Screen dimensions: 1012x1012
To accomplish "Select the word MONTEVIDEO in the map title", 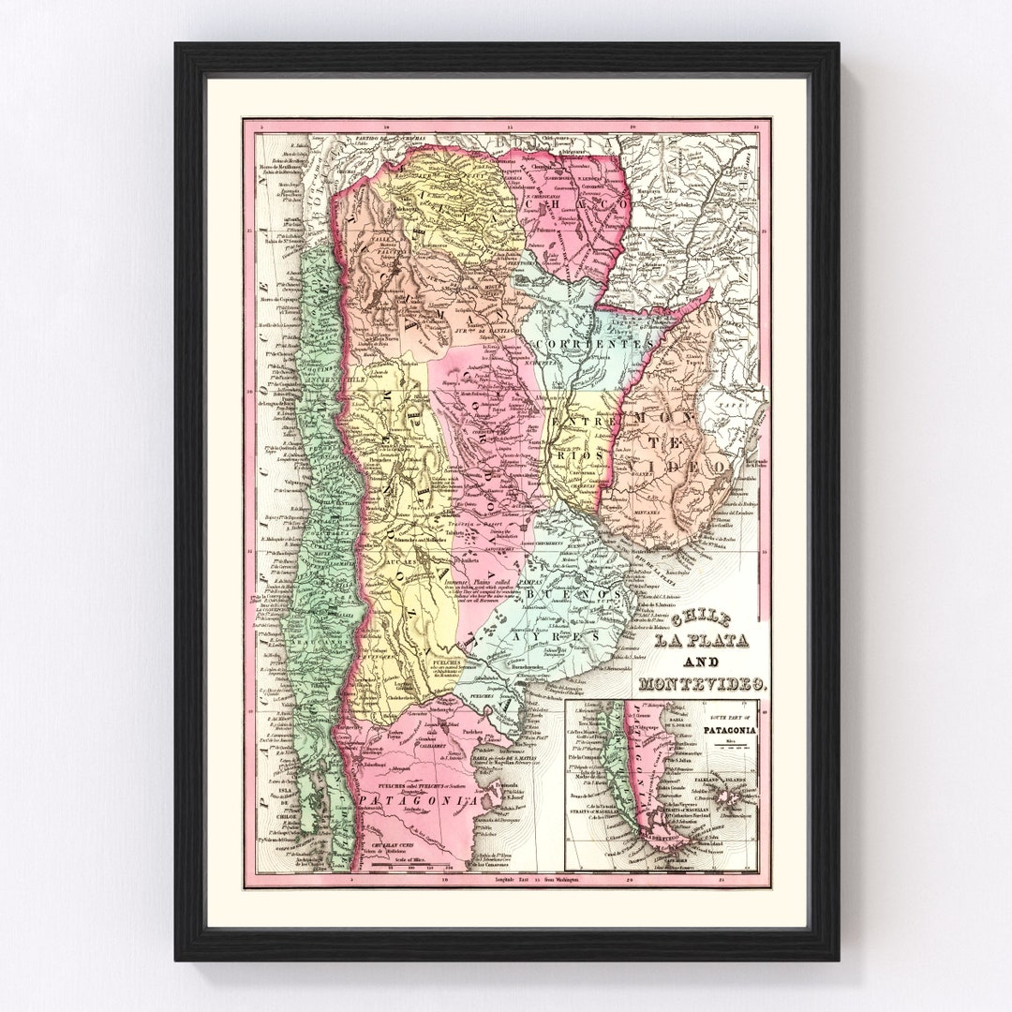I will coord(701,684).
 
